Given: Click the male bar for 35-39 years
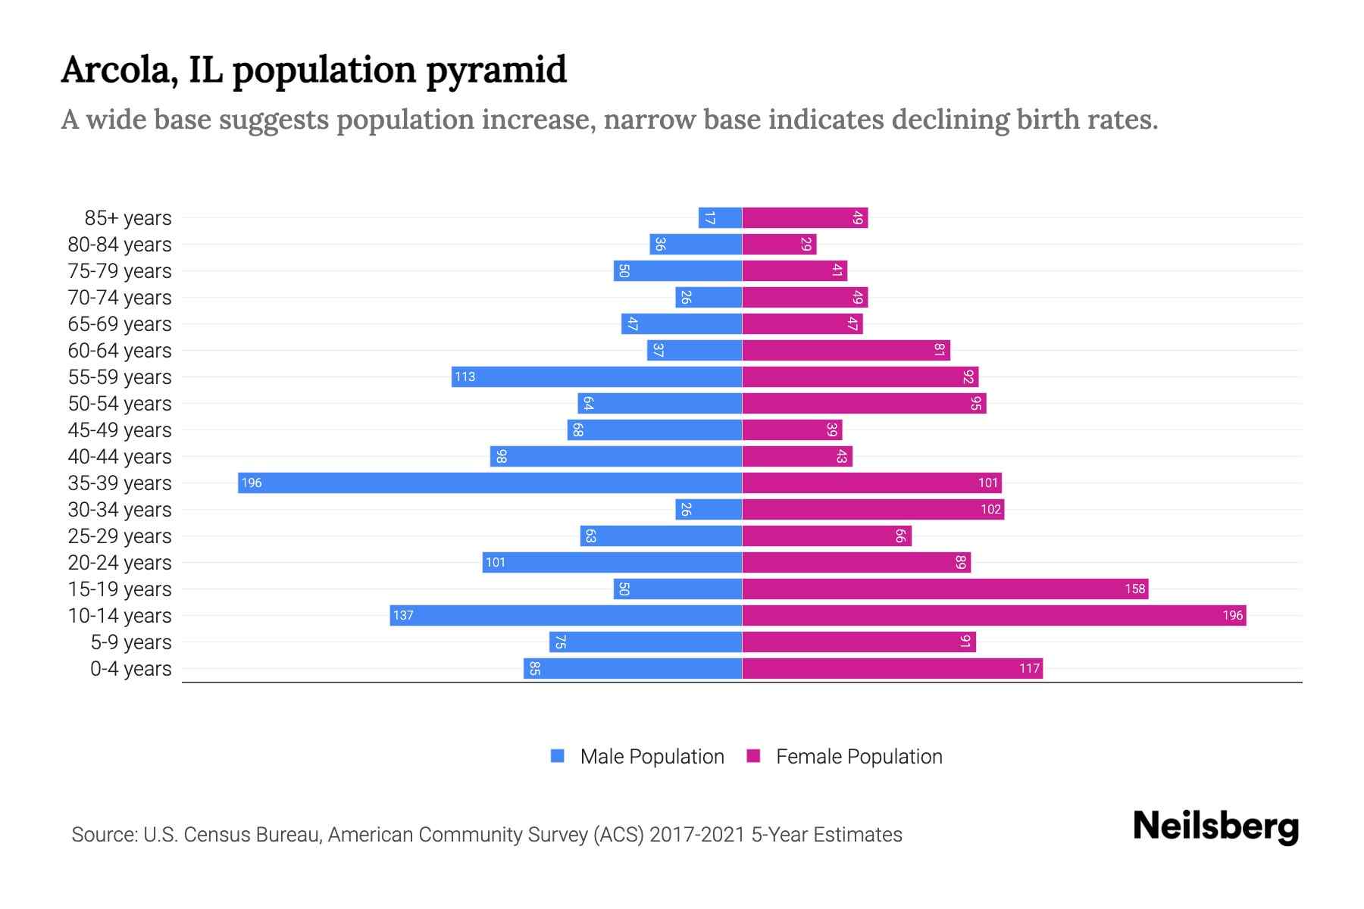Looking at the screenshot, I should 490,483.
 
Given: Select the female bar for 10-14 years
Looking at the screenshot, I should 993,615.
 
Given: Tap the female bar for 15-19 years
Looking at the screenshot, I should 945,589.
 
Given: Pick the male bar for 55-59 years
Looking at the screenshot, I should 596,376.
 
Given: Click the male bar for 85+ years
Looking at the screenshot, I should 720,217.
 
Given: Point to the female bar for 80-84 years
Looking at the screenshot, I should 779,244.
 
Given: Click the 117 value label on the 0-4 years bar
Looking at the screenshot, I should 1029,668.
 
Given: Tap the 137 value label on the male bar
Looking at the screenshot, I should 403,615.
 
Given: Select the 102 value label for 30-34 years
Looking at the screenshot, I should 990,509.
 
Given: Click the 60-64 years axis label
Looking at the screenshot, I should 120,351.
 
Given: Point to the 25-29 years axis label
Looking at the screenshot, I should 120,536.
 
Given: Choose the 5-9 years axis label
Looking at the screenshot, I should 131,642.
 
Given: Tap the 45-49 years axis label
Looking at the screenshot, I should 120,430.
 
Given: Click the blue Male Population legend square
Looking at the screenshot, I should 558,756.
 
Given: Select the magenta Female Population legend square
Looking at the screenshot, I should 753,756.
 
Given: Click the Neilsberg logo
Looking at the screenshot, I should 1215,826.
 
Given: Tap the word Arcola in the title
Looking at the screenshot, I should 120,70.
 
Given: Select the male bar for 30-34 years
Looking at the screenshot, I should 709,509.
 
